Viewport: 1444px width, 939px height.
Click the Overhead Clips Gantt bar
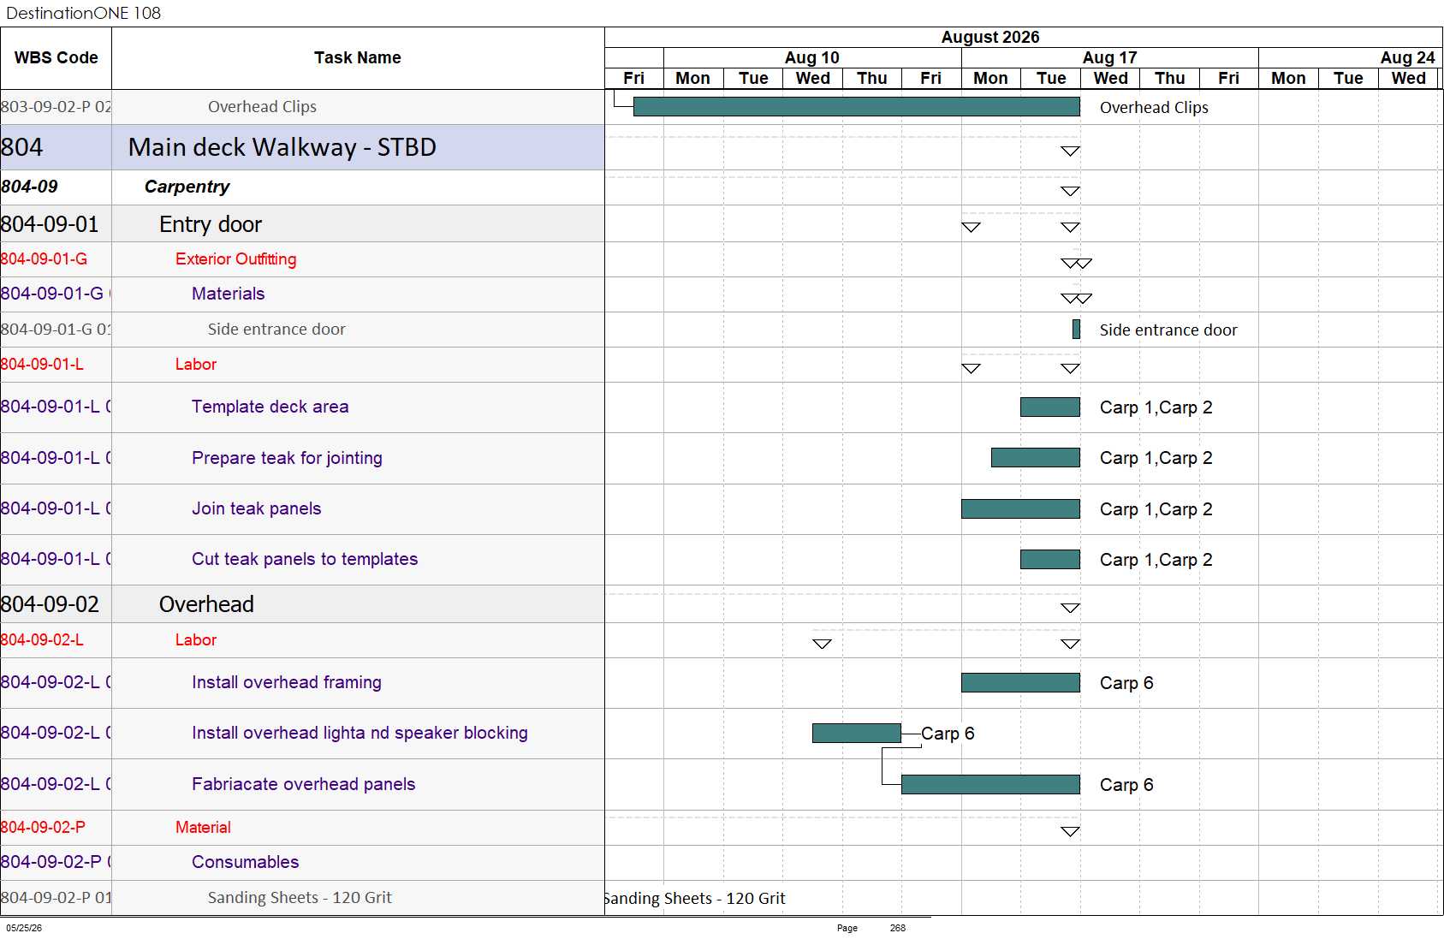[857, 107]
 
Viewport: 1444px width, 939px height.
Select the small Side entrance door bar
[1077, 330]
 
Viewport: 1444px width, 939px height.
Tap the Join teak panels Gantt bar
[1020, 509]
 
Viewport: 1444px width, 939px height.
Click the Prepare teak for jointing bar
[1036, 458]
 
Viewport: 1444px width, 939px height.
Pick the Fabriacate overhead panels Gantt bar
[991, 784]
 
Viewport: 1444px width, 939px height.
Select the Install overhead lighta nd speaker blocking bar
[857, 734]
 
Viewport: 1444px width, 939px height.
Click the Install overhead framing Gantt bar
[1020, 682]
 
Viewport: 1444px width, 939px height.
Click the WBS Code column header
[56, 58]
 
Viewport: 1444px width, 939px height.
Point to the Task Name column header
[358, 58]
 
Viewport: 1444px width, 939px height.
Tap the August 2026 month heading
[990, 38]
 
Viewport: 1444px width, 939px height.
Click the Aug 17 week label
[1109, 58]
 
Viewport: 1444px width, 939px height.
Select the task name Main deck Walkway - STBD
[282, 147]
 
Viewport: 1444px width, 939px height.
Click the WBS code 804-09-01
[50, 224]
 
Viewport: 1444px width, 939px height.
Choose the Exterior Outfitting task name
[236, 259]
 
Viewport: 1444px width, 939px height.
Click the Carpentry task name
[187, 187]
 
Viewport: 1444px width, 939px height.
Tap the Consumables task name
[246, 862]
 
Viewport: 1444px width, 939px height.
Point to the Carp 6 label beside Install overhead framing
[1126, 683]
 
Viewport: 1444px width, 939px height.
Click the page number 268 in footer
[897, 928]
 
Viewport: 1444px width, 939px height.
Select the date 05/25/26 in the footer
[24, 928]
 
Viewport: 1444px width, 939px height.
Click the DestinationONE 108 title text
[83, 13]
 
